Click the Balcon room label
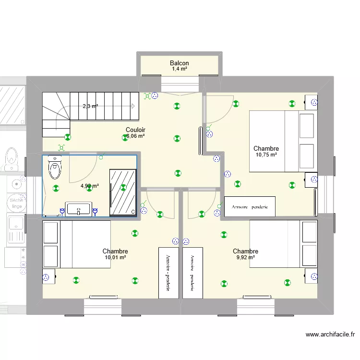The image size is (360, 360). pyautogui.click(x=179, y=63)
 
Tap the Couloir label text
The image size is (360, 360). pyautogui.click(x=135, y=130)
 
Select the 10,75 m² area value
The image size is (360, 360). pyautogui.click(x=266, y=155)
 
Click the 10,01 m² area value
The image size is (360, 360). pyautogui.click(x=115, y=258)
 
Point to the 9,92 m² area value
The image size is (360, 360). pyautogui.click(x=245, y=258)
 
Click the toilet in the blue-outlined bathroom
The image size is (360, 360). pyautogui.click(x=55, y=168)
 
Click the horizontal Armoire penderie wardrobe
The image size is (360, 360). pyautogui.click(x=250, y=207)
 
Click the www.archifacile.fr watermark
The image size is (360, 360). pyautogui.click(x=330, y=335)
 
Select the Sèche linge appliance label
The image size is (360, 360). pyautogui.click(x=16, y=203)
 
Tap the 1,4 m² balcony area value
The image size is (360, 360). pyautogui.click(x=179, y=70)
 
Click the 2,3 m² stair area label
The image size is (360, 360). pyautogui.click(x=90, y=107)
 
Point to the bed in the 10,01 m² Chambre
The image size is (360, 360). pyautogui.click(x=77, y=244)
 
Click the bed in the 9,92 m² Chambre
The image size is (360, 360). pyautogui.click(x=283, y=244)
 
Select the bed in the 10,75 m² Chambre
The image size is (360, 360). pyautogui.click(x=283, y=141)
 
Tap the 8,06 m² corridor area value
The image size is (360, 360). pyautogui.click(x=135, y=136)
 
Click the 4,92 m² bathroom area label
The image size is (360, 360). pyautogui.click(x=89, y=186)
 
